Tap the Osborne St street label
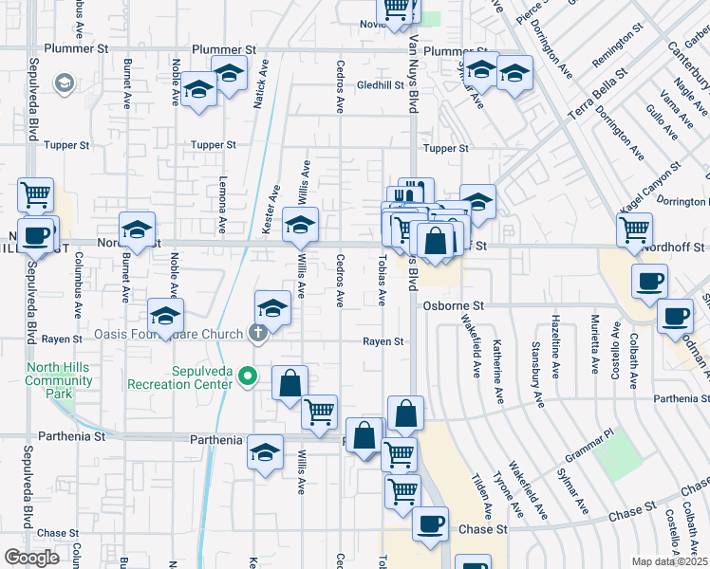tap(454, 306)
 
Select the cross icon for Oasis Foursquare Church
tap(255, 333)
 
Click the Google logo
tap(32, 558)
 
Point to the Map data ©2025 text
tap(668, 561)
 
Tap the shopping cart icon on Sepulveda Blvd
tap(35, 194)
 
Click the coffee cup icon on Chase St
tap(430, 523)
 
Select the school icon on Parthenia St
tap(266, 450)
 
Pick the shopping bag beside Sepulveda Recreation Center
tap(290, 383)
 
